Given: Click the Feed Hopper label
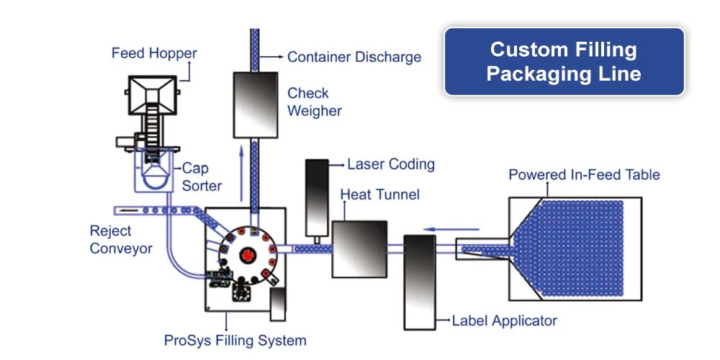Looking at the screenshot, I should [x=154, y=53].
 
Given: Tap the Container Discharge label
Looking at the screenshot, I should [x=354, y=57].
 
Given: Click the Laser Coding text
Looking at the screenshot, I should [x=391, y=164].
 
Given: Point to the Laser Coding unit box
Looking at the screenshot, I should [x=316, y=196].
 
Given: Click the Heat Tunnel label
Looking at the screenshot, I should [x=379, y=195].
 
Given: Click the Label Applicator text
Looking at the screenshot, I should [x=504, y=320].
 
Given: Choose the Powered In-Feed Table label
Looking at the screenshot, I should [x=584, y=175].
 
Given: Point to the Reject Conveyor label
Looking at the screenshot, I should [x=121, y=240].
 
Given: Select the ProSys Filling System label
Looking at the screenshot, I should [x=235, y=341].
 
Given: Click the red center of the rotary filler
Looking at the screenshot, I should [x=247, y=253].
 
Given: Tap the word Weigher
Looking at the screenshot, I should [x=315, y=111].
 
